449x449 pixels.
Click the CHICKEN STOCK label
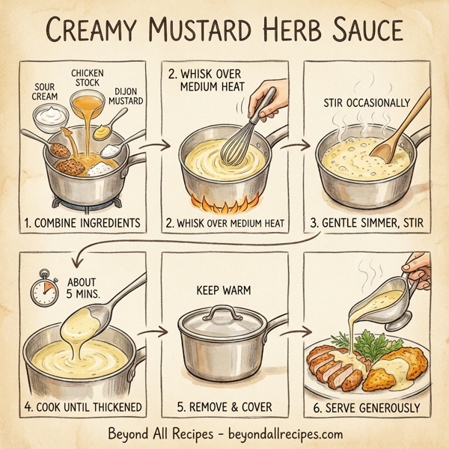88,77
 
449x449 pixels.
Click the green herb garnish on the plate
355,346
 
